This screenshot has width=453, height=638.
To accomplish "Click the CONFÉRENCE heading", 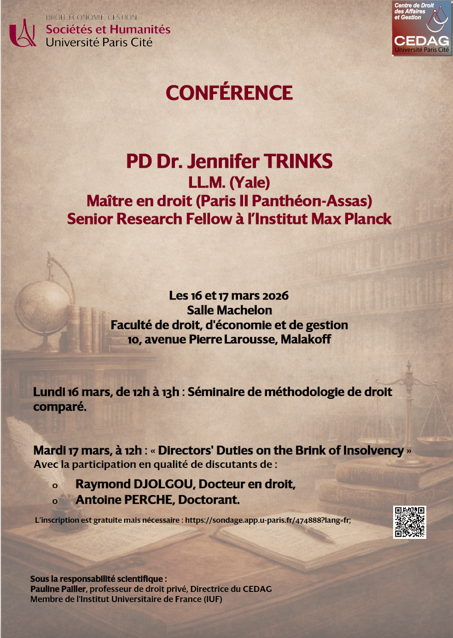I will pyautogui.click(x=229, y=93).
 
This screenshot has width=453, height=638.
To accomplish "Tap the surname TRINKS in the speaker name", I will pyautogui.click(x=298, y=161).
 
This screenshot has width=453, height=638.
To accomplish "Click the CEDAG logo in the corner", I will pyautogui.click(x=421, y=29).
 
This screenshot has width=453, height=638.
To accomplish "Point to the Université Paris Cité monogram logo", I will pyautogui.click(x=23, y=33).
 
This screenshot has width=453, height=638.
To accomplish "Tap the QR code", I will pyautogui.click(x=409, y=522).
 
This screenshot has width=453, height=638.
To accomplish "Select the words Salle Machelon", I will pyautogui.click(x=229, y=310).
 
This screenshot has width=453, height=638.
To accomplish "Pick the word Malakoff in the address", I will pyautogui.click(x=306, y=339).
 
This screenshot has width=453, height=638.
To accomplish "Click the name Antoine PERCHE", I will pyautogui.click(x=125, y=500).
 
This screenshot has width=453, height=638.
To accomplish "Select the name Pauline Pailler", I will pyautogui.click(x=58, y=589).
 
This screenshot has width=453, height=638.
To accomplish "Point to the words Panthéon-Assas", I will pyautogui.click(x=312, y=201).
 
